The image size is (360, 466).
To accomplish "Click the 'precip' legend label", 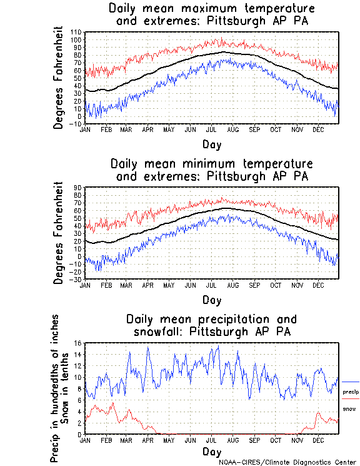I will click(351, 392).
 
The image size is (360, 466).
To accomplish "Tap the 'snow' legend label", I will click(349, 409).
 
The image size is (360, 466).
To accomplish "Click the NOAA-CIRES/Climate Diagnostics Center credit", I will click(287, 462).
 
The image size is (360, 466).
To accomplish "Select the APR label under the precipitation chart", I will click(147, 440).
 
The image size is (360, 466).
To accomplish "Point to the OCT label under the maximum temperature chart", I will click(276, 129).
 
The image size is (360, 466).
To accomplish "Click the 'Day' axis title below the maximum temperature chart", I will click(212, 144).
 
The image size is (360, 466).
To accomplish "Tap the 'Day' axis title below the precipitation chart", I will click(212, 452).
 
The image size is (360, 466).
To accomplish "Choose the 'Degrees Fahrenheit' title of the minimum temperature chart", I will click(59, 233).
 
